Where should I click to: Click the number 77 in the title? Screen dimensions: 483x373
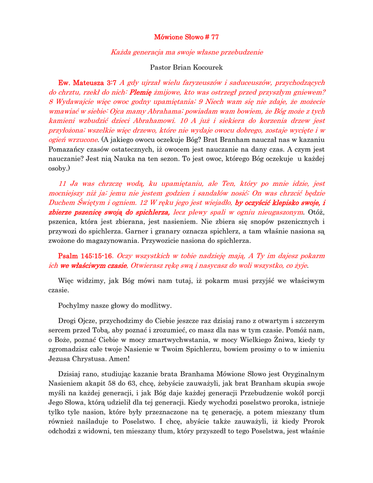tap(214, 37)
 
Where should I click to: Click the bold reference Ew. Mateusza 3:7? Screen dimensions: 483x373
tap(87, 83)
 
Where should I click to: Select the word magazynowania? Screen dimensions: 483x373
tap(111, 241)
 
